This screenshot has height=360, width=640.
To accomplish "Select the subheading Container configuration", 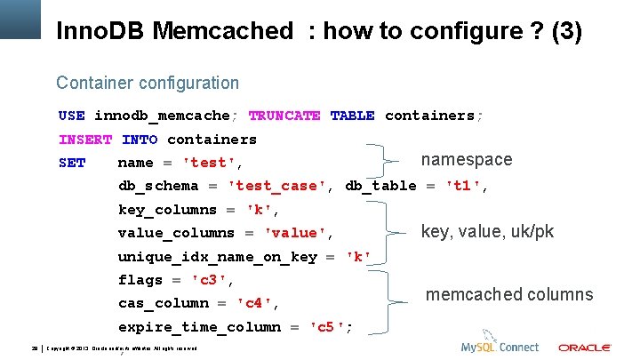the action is [148, 83].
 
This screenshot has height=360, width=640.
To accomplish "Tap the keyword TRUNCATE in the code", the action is [284, 116].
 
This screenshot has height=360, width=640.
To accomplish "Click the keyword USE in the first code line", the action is [71, 116].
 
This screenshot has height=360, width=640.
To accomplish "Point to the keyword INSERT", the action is [85, 140].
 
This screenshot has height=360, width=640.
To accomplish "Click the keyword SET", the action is [72, 164].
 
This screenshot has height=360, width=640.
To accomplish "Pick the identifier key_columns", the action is [167, 211].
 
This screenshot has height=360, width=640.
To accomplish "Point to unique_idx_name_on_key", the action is [217, 257].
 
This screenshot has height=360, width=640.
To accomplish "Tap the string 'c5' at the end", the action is [330, 327].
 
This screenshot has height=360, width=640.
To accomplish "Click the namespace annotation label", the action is [467, 160].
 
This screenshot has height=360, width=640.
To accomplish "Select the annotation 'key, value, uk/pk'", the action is [487, 232].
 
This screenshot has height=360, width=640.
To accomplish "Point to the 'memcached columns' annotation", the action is [509, 295].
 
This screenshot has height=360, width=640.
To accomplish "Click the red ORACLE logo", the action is [584, 348].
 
